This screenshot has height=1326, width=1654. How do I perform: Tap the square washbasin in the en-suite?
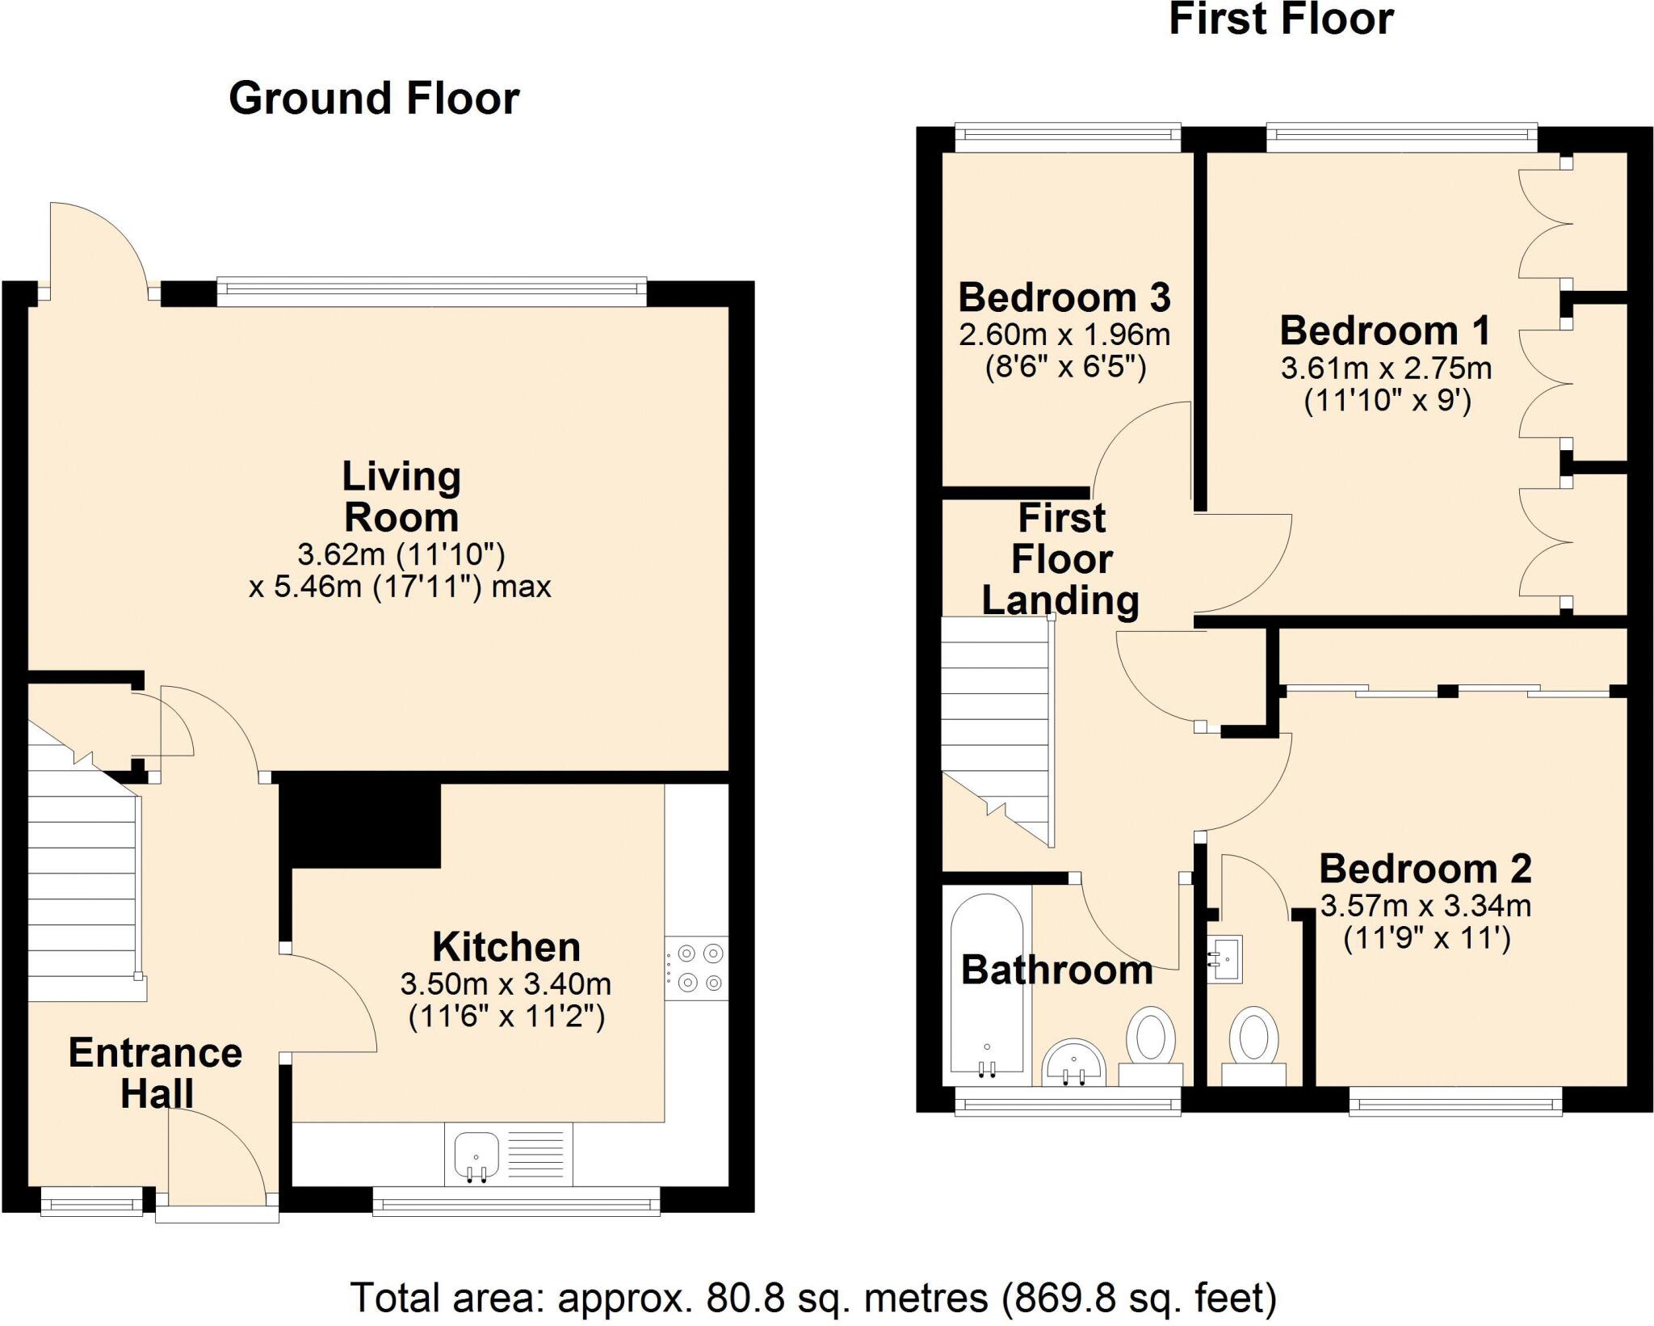1225,959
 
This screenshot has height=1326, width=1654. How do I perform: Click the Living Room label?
401,496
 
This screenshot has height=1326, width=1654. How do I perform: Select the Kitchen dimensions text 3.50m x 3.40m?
506,983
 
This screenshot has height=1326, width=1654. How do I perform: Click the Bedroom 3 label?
1064,297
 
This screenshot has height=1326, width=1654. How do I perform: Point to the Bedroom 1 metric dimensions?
1386,368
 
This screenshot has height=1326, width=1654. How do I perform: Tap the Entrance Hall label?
155,1072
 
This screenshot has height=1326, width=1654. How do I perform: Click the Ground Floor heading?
374,99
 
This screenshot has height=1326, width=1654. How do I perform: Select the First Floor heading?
1281,19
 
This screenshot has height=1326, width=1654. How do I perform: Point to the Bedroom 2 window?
1455,1101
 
